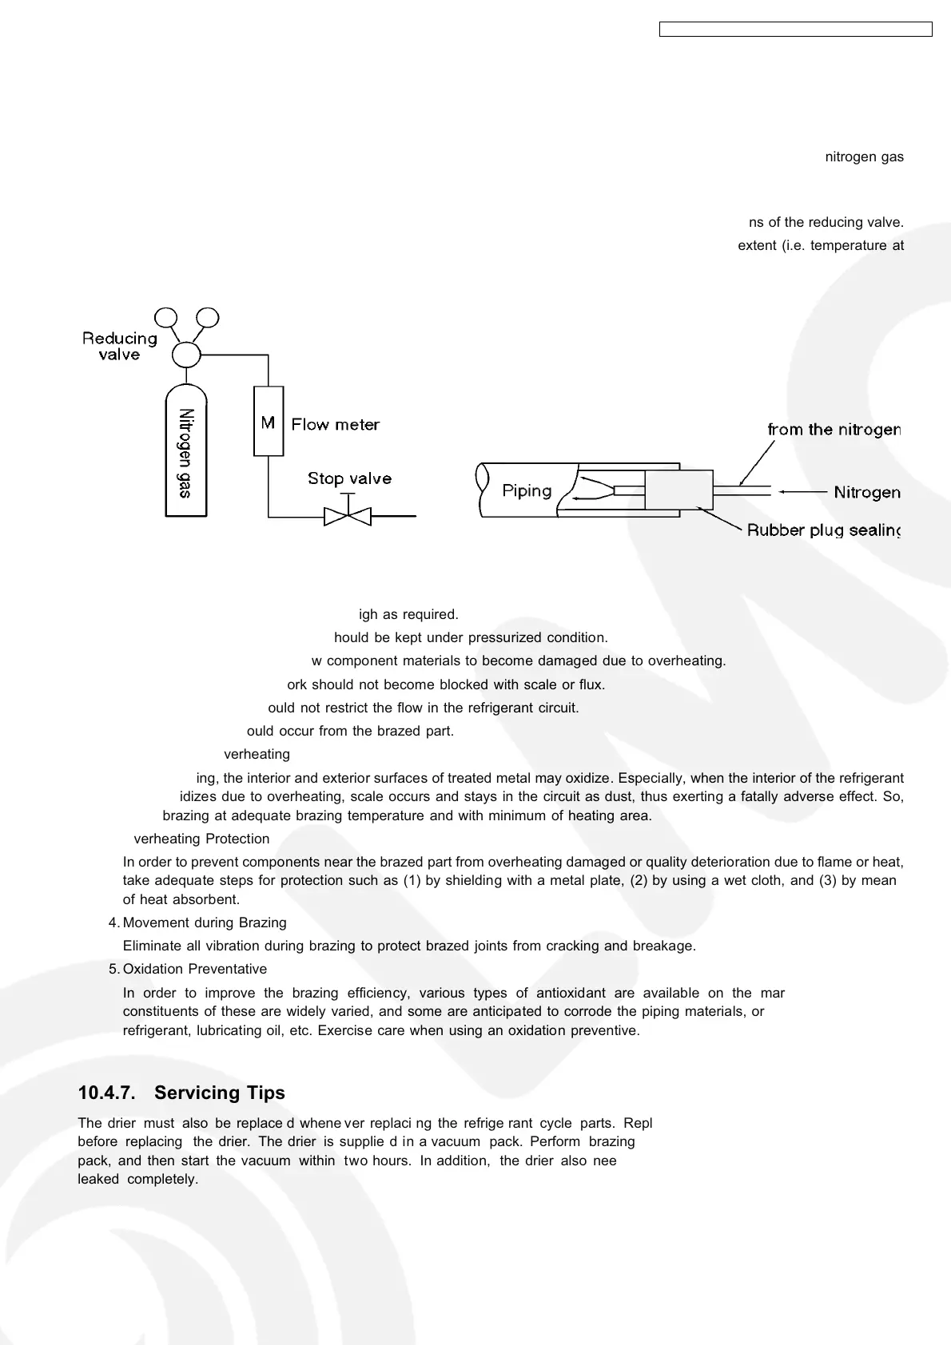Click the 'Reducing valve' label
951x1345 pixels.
coord(120,347)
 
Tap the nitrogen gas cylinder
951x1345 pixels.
coord(185,452)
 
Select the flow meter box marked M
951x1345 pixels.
coord(268,422)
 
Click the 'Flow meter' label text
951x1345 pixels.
coord(336,425)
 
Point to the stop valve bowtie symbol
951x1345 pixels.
coord(348,516)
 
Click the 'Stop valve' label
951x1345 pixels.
coord(349,478)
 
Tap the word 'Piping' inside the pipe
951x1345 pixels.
coord(527,490)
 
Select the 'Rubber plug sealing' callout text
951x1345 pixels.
coord(823,530)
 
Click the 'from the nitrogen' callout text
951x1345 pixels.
coord(834,430)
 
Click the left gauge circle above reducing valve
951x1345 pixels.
coord(166,318)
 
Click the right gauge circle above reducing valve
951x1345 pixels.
coord(207,318)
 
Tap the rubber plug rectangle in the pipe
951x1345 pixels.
coord(678,490)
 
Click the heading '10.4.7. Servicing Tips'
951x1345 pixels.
coord(181,1093)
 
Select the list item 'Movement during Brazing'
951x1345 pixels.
coord(205,922)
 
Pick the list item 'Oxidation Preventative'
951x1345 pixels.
coord(195,969)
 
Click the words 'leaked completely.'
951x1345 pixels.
coord(137,1179)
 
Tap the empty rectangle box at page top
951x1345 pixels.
coord(795,30)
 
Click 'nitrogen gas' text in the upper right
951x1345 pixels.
coord(864,157)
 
